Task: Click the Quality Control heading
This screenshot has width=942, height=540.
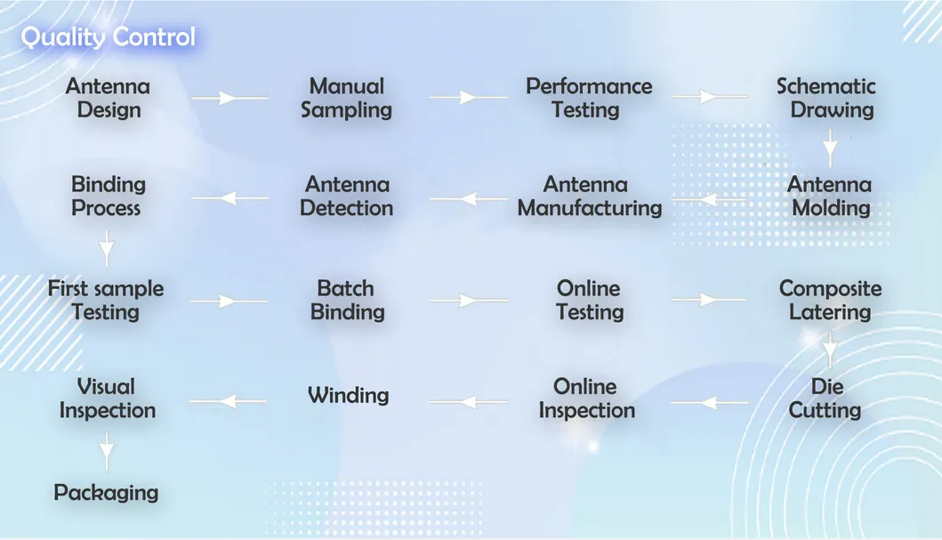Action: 108,37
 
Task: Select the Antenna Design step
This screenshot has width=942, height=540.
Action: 108,99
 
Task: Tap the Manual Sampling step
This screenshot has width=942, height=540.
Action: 346,99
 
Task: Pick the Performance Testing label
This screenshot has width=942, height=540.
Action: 588,99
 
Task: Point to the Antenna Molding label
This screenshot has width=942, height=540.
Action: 830,197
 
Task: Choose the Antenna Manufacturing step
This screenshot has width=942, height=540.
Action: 589,197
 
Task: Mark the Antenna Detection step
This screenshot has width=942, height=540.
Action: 346,197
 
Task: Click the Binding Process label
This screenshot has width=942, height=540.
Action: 107,197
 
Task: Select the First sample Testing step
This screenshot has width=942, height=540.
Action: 106,301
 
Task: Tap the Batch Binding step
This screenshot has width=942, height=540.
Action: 345,301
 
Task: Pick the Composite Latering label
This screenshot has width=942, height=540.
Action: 830,301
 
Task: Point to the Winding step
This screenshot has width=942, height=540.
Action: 348,395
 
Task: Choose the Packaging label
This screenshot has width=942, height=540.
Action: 106,493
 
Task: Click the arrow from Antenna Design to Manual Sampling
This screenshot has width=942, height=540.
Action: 229,97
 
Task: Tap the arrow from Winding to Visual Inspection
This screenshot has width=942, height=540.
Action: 229,401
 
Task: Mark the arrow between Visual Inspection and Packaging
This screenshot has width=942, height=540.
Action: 107,451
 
